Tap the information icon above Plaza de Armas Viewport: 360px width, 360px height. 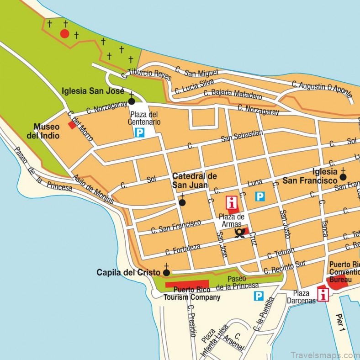coord(232,202)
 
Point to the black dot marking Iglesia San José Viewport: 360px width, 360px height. coord(132,101)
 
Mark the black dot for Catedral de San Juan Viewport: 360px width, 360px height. coord(182,202)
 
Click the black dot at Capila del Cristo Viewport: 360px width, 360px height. coord(166,273)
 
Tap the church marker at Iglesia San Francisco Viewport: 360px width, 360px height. coord(343,177)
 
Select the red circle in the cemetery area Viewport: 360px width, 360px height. coord(65,34)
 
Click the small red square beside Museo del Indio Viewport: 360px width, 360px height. coord(72,125)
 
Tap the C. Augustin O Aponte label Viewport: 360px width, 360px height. coord(323,89)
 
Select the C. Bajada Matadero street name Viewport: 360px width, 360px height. coord(233,95)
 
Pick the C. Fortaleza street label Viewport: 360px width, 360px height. coord(183,249)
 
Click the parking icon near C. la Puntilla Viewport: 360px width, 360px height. coord(259,296)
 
